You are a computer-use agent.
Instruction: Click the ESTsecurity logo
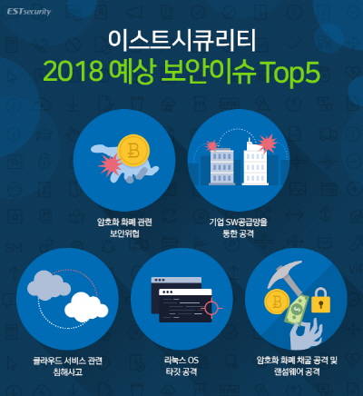tap(29, 12)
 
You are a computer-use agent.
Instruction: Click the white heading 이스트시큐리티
tap(182, 41)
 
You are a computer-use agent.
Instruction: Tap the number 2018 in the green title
tap(74, 72)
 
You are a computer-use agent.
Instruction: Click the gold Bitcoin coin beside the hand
tap(133, 151)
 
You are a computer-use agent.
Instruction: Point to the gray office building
tap(221, 166)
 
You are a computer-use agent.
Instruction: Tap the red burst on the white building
tap(267, 144)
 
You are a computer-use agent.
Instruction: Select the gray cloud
tap(49, 285)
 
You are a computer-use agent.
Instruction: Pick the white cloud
tap(86, 307)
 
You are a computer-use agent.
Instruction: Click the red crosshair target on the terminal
tap(212, 308)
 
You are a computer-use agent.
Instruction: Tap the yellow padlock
tap(320, 301)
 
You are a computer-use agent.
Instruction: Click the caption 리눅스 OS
tap(181, 361)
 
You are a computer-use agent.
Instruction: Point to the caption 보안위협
tap(124, 233)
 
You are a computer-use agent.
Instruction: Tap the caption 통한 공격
tap(238, 233)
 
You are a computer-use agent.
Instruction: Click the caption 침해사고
tap(68, 372)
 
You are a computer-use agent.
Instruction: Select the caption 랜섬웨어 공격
tap(297, 371)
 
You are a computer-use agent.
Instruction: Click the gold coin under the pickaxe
tap(277, 302)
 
